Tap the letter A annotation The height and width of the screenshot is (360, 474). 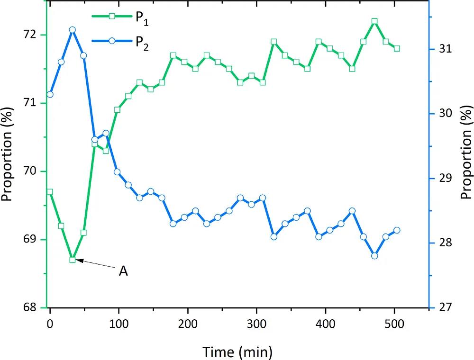coord(123,271)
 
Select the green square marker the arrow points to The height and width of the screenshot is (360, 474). coord(73,260)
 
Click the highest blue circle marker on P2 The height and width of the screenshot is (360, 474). coord(72,30)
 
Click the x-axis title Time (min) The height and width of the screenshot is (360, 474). coord(237,351)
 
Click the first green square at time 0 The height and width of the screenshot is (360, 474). coord(50,192)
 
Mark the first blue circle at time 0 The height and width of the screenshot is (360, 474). coord(50,94)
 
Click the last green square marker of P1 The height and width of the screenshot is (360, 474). coord(397,48)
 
